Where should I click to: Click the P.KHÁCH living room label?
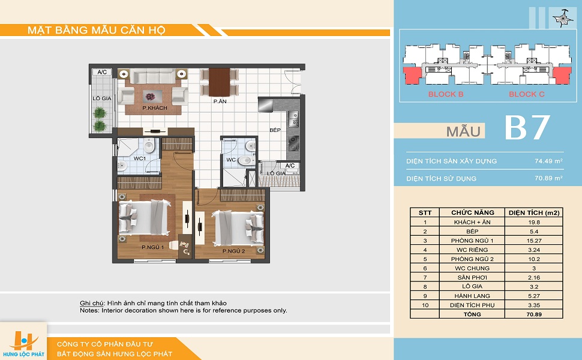(x=155, y=108)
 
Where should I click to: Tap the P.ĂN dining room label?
(x=220, y=101)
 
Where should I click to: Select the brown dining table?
(x=220, y=82)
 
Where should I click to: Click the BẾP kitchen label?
(x=275, y=130)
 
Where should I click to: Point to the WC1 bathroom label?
(x=140, y=158)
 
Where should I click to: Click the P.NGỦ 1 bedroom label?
(x=152, y=247)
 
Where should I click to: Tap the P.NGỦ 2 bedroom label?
(x=234, y=251)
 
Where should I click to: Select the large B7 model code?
(x=527, y=128)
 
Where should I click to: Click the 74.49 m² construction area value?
(x=548, y=161)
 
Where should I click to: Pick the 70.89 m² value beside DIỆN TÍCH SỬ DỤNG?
(x=548, y=178)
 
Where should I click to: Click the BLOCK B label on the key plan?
(x=446, y=94)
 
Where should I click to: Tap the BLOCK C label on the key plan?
(x=527, y=94)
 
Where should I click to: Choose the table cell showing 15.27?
(x=534, y=241)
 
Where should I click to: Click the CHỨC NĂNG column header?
(x=473, y=212)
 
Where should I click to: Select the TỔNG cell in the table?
(x=472, y=314)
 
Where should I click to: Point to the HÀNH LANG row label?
(x=472, y=296)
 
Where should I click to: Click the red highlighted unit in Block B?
(x=412, y=76)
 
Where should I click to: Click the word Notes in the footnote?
(x=89, y=310)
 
